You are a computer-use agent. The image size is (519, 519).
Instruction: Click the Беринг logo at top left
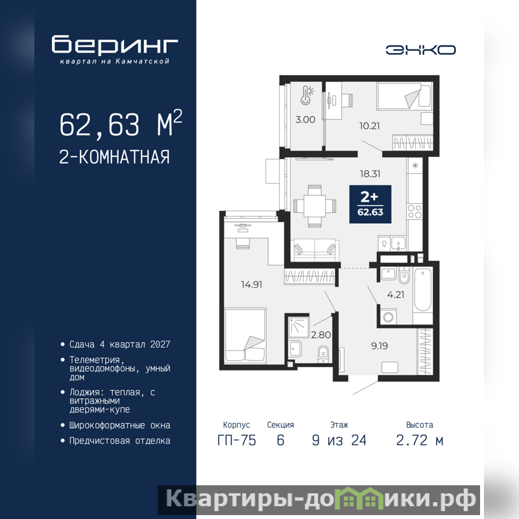coord(115,49)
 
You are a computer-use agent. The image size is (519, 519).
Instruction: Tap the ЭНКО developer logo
coord(420,50)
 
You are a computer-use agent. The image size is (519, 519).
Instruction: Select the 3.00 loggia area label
coord(305,119)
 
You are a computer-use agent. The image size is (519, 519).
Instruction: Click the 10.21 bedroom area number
coord(369,126)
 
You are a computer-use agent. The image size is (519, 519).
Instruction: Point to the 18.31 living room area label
coord(370,174)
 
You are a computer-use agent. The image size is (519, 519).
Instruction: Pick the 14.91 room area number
coord(252,284)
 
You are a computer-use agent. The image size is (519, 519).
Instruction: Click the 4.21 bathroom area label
coord(396,295)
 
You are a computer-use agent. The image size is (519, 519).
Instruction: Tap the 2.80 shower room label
coord(320,335)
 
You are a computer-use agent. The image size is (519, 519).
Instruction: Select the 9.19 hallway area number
coord(380,346)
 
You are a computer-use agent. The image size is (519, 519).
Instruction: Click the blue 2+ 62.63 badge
coord(370,204)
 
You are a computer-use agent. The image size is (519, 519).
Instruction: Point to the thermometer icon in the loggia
coord(306,95)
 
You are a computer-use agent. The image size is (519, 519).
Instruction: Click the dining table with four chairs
coord(315,206)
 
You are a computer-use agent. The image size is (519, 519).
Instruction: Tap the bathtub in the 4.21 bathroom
coord(423,289)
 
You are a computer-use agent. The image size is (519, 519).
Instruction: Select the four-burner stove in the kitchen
coord(415,211)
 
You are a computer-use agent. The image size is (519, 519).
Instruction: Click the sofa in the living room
coord(315,250)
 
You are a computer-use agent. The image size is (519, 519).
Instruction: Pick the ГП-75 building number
coord(237,441)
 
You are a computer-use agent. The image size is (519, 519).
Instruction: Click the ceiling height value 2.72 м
coord(420,441)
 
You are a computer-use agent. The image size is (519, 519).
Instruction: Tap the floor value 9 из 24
coord(339,441)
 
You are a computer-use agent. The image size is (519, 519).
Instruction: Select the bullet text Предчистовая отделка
coord(120,441)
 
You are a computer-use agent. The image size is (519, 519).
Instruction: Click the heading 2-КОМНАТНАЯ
coord(115,157)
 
